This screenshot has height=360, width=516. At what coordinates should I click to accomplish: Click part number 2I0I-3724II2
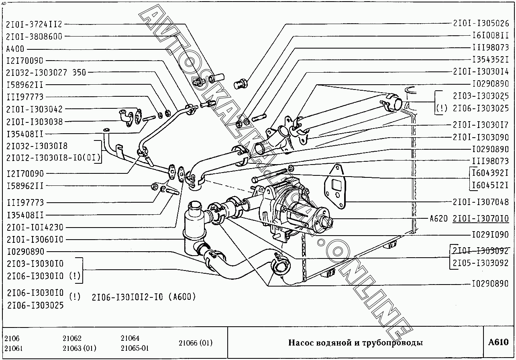[34, 24]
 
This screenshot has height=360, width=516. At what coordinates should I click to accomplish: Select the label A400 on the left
[15, 49]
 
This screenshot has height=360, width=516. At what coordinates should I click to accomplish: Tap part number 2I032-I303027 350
[46, 73]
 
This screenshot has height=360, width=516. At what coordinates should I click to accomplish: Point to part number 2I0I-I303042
[34, 109]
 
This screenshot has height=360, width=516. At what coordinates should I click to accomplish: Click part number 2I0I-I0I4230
[35, 228]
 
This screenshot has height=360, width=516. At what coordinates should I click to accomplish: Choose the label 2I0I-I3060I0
[35, 240]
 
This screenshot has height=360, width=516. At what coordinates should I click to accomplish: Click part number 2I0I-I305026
[481, 23]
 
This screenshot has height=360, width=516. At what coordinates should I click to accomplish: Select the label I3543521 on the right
[490, 60]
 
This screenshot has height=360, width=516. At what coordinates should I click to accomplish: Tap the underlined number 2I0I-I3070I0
[481, 218]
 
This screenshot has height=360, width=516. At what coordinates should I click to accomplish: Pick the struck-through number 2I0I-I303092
[480, 251]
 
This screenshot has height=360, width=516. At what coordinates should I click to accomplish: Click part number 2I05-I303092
[480, 263]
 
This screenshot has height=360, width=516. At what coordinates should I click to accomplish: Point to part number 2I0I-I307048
[481, 202]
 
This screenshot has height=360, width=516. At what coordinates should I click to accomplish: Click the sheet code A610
[498, 342]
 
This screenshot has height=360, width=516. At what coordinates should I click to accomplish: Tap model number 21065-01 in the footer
[135, 348]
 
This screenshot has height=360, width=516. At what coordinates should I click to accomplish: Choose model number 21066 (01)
[196, 343]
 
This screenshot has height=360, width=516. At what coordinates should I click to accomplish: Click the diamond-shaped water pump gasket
[335, 187]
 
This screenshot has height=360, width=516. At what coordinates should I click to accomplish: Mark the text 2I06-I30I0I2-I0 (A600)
[144, 297]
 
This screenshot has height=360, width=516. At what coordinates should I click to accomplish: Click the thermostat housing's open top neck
[195, 205]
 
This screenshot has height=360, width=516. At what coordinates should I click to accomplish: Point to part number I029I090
[490, 235]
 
